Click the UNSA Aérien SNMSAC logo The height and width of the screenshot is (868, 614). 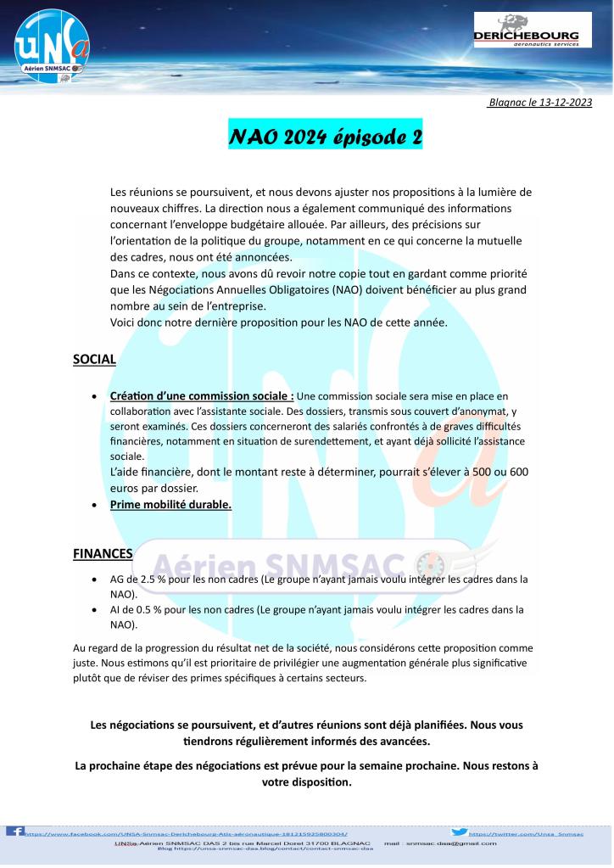click(47, 46)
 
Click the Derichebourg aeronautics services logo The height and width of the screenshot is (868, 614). click(532, 31)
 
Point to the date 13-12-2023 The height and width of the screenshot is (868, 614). click(562, 103)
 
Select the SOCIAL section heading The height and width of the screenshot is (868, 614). click(94, 359)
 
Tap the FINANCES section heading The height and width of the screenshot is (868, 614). click(103, 554)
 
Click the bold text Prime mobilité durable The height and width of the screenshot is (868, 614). click(170, 504)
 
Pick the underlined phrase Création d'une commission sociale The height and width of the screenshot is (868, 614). click(202, 395)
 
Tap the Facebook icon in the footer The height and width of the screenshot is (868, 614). click(14, 831)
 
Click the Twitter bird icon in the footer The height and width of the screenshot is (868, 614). click(459, 832)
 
